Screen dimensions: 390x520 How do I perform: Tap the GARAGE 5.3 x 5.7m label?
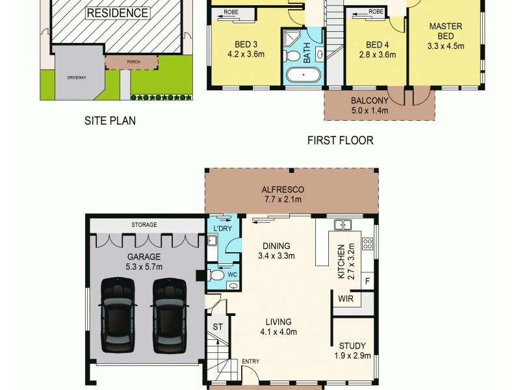click(144, 261)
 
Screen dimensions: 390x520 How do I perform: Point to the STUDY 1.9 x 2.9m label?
click(352, 351)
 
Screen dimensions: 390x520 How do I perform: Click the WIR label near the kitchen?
click(344, 300)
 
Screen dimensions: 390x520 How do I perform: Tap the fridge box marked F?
click(367, 281)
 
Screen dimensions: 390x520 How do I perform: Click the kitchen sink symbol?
click(342, 226)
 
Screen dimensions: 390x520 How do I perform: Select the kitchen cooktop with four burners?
click(367, 244)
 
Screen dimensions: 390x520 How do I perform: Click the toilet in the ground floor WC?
click(216, 276)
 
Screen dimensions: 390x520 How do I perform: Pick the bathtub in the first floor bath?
click(304, 75)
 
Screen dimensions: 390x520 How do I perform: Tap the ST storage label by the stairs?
click(218, 326)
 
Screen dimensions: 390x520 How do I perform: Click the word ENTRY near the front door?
click(250, 361)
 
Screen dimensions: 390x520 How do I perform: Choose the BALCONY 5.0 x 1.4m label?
click(369, 105)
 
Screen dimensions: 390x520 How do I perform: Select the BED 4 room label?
click(377, 49)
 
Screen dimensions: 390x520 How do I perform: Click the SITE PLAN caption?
click(110, 120)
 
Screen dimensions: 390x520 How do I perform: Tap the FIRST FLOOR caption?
click(341, 140)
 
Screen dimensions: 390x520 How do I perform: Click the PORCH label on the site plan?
click(133, 62)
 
